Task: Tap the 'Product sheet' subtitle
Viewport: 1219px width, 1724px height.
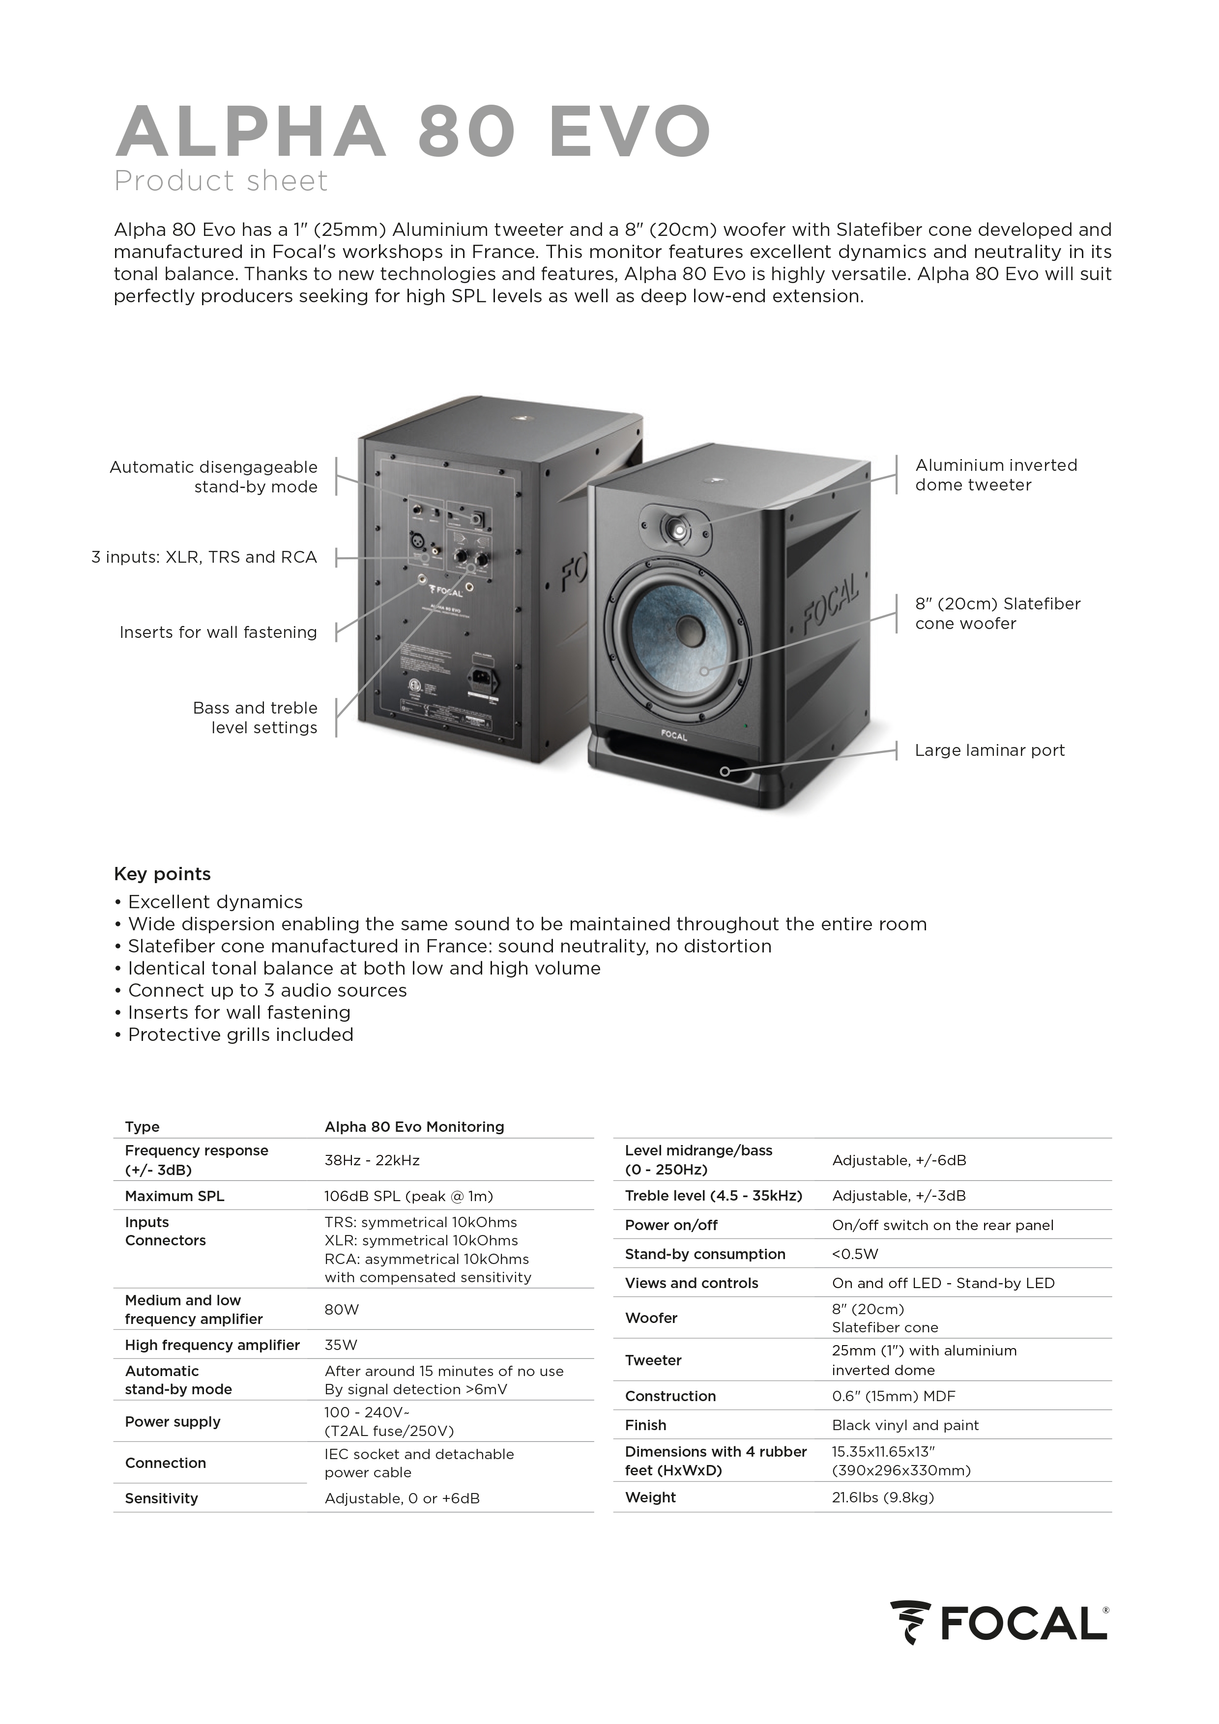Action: point(221,181)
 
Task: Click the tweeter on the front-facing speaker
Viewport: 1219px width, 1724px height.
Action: point(678,531)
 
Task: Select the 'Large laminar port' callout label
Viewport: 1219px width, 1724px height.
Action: point(989,750)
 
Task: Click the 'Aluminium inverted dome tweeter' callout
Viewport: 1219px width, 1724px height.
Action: point(995,475)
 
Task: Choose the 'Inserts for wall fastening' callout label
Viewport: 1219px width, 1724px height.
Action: point(218,632)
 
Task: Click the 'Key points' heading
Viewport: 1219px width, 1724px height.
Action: point(162,874)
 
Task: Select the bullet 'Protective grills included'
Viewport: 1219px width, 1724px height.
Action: point(240,1034)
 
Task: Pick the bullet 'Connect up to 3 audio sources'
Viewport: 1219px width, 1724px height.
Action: point(266,990)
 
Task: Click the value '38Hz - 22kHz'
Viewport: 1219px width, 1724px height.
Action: point(372,1160)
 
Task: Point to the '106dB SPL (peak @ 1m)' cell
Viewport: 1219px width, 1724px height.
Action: point(408,1196)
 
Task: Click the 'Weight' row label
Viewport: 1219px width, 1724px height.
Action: point(650,1497)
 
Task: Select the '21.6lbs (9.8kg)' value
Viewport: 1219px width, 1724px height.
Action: point(882,1497)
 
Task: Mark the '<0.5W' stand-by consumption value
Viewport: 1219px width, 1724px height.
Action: point(855,1254)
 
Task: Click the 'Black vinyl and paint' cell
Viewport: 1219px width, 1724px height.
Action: point(905,1425)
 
